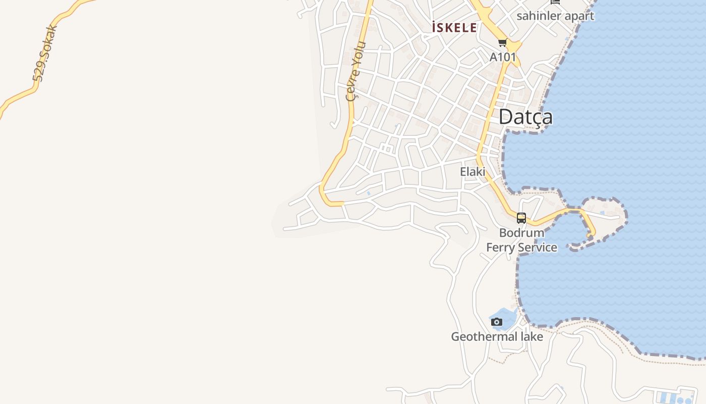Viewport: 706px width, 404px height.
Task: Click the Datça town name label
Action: click(525, 117)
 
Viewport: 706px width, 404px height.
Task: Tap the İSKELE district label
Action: click(454, 27)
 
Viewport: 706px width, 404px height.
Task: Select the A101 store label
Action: click(503, 57)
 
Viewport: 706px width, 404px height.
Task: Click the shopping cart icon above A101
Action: click(502, 43)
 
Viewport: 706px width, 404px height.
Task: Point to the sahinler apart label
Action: click(555, 16)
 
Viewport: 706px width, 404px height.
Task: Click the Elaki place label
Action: click(473, 172)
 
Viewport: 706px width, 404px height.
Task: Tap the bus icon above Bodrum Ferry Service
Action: click(521, 218)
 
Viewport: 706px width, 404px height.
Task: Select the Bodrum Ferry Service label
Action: click(521, 240)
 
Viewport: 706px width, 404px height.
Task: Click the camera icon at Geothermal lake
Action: click(497, 322)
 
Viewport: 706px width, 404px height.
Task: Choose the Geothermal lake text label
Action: click(497, 336)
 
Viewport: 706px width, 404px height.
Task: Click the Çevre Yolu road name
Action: click(355, 71)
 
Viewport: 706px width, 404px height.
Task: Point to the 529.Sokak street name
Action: click(44, 53)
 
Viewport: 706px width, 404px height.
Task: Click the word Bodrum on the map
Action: click(521, 233)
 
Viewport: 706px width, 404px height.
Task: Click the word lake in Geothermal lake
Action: click(531, 336)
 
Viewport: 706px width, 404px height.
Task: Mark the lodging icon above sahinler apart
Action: click(555, 2)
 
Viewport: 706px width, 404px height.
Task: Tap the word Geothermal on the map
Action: click(483, 336)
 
